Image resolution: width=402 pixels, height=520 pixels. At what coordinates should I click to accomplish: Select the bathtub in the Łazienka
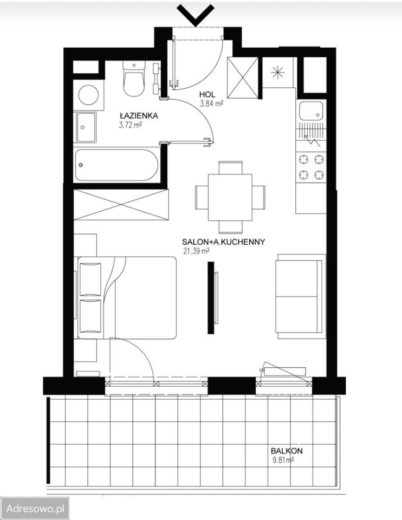(116, 165)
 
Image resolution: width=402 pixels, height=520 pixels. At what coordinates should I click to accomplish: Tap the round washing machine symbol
(88, 95)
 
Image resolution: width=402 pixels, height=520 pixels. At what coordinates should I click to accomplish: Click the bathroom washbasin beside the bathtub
(86, 127)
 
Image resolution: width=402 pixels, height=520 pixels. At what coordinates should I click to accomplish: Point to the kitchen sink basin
(311, 110)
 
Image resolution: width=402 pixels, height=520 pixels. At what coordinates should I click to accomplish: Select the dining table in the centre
(230, 197)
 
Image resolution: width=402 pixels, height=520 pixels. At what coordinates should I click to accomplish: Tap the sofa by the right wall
(300, 296)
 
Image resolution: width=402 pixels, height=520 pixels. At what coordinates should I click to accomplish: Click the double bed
(127, 297)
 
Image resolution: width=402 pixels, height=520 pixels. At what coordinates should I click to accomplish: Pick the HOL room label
(208, 95)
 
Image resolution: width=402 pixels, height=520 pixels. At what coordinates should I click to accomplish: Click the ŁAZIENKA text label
(139, 116)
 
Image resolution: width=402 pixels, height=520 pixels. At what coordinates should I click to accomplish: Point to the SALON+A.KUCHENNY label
(224, 242)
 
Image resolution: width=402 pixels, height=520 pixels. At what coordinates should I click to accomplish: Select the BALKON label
(287, 451)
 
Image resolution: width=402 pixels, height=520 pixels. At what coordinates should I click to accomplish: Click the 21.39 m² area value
(196, 251)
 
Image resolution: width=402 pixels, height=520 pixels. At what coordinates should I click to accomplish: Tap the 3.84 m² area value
(211, 103)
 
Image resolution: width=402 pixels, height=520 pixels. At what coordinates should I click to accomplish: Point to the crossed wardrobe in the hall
(243, 78)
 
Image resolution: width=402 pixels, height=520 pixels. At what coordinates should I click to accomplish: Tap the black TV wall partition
(211, 297)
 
